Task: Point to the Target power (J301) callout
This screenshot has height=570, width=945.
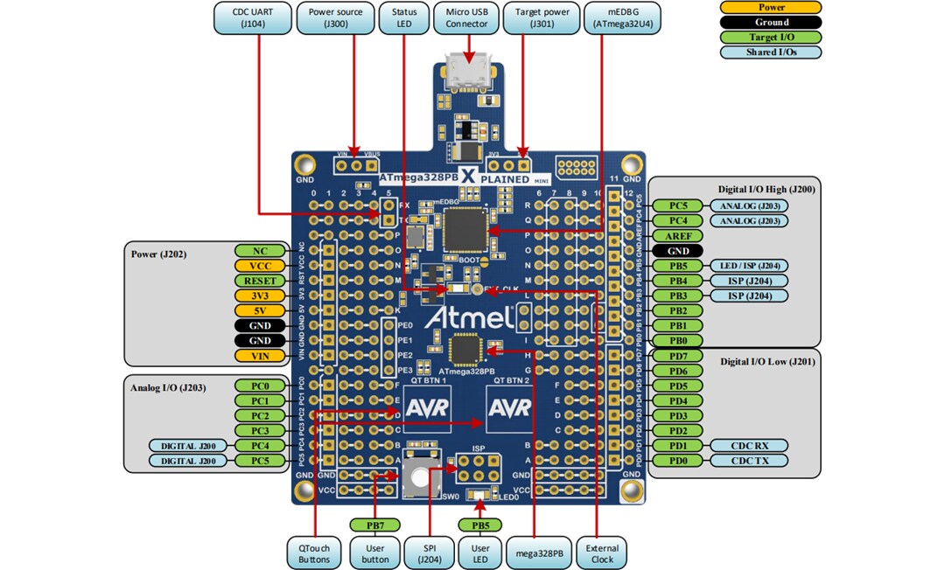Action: (x=543, y=18)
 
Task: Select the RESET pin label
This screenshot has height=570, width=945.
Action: (x=260, y=281)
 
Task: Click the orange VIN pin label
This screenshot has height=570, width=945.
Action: (x=260, y=355)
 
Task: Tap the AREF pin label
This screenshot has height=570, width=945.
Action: (x=678, y=235)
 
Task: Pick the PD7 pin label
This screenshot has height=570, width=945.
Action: (x=678, y=356)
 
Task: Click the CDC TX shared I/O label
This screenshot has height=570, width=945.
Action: (x=749, y=460)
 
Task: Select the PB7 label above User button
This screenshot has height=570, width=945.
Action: (x=374, y=525)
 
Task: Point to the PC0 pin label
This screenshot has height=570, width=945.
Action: (x=260, y=386)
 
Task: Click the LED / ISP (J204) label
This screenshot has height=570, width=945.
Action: (x=749, y=266)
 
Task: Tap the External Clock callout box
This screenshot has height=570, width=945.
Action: (x=603, y=554)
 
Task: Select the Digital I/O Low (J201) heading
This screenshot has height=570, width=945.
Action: (x=767, y=360)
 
